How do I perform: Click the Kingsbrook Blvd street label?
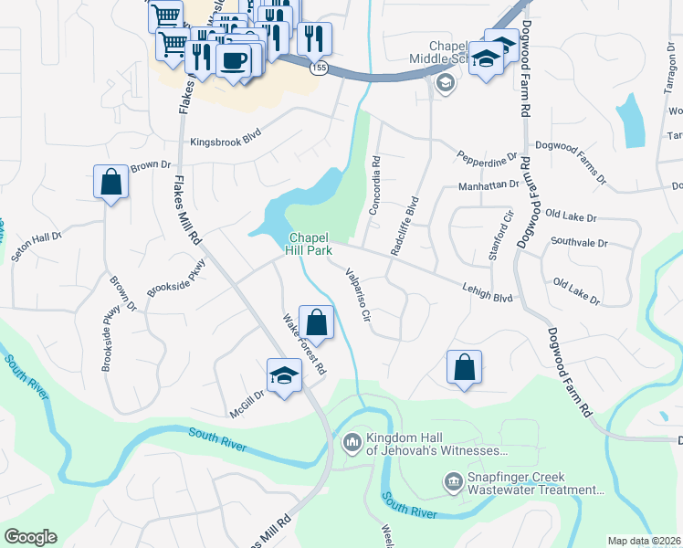coord(226,142)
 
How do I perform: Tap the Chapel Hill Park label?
coord(310,242)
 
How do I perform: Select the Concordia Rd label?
coord(375,186)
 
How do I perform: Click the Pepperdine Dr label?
coord(488,158)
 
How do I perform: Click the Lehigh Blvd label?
coord(488,291)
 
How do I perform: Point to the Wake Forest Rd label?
coord(304,346)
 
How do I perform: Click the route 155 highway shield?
coord(317,69)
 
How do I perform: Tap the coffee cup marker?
coord(236,60)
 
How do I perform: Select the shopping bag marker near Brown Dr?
coord(110,181)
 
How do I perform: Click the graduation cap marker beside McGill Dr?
coord(284,374)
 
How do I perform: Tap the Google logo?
coord(30,537)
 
